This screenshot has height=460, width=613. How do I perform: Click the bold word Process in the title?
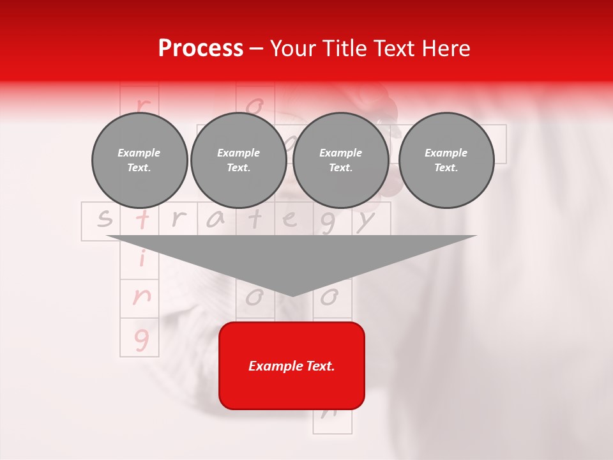[201, 49]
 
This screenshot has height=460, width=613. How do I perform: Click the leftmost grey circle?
[139, 160]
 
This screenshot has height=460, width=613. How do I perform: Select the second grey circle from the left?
[238, 160]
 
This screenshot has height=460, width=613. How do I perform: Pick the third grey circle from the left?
[340, 160]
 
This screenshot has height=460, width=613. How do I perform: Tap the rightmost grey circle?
[446, 160]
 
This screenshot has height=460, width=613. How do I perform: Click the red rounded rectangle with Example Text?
[292, 365]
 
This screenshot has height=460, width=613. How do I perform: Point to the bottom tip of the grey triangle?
[292, 295]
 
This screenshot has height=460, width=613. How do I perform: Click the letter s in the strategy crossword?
[104, 220]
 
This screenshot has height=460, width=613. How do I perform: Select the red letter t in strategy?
[142, 220]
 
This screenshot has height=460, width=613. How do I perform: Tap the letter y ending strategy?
[365, 221]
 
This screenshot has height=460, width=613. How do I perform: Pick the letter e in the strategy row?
[291, 220]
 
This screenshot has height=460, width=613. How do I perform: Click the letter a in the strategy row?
[216, 220]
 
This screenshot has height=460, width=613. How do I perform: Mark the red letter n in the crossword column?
[141, 296]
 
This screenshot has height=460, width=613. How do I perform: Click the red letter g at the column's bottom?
[141, 339]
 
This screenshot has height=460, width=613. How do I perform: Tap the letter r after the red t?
[179, 220]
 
